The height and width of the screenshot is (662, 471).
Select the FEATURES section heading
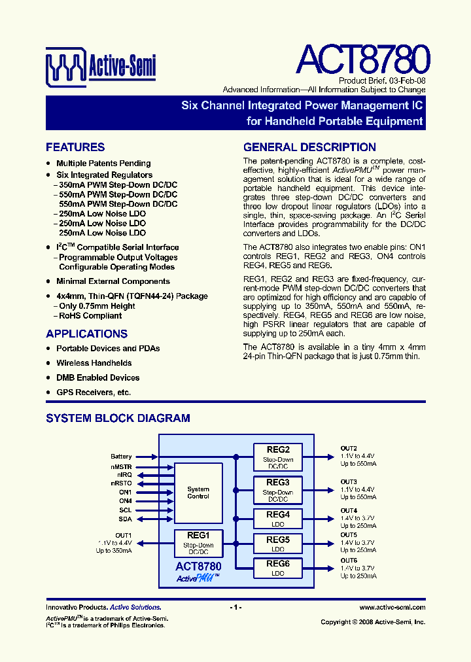pos(75,147)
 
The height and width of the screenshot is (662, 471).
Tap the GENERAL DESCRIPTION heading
pos(309,147)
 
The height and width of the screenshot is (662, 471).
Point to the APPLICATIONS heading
pos(86,334)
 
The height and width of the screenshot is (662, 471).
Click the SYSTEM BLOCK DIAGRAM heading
pos(118,418)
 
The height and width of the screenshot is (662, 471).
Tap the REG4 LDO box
pos(278,518)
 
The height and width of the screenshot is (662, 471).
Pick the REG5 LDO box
pos(278,543)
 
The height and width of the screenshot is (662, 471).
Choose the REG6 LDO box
pos(278,567)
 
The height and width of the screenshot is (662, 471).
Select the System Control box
pos(198,493)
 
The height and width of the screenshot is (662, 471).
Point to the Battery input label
pos(121,457)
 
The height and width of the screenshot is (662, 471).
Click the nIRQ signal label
pos(124,474)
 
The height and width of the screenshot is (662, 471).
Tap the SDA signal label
pos(125,519)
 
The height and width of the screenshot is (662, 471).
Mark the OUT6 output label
pos(349,561)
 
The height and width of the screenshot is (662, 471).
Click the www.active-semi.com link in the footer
pos(392,608)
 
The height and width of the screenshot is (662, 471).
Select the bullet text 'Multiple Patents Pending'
pos(103,164)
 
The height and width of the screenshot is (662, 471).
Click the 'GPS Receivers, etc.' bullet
pos(94,392)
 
